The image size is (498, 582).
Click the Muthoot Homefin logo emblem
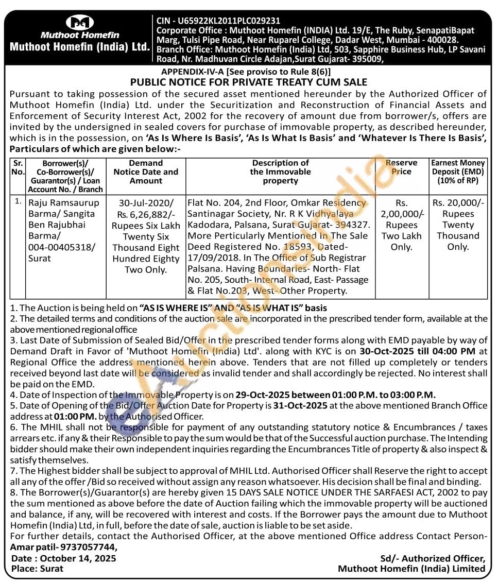tap(80, 23)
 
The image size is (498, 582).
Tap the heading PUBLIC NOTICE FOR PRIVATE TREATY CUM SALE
tap(249, 82)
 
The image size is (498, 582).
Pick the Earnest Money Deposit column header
tap(458, 172)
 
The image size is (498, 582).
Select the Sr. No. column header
tap(18, 167)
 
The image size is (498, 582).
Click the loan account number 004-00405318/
tap(62, 247)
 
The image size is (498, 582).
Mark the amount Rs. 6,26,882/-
tap(146, 214)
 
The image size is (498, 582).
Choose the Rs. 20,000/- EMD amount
tap(458, 203)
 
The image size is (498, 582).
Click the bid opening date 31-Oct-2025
tap(302, 405)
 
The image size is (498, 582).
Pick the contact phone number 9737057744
tap(89, 547)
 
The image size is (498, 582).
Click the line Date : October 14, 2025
tap(64, 558)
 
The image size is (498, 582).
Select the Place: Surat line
tap(38, 569)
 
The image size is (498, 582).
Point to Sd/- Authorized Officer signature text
tap(433, 558)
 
